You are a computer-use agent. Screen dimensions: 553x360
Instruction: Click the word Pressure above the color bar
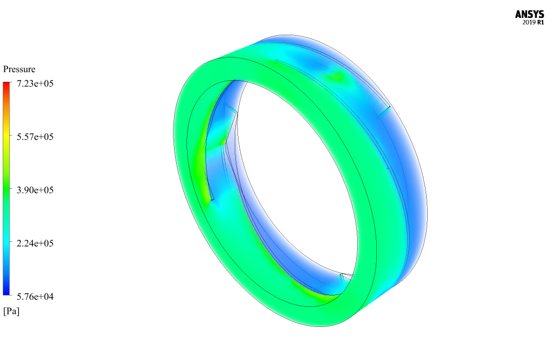(x=19, y=69)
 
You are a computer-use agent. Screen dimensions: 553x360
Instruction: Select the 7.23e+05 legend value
(x=35, y=83)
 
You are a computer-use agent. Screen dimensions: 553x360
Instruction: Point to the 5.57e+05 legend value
(x=35, y=137)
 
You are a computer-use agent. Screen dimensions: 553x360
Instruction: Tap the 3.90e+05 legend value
(x=35, y=190)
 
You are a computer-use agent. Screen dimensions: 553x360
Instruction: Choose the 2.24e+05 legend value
(x=35, y=243)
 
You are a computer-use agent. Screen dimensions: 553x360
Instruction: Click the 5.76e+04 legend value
(x=35, y=297)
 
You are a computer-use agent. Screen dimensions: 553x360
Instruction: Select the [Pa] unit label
(x=11, y=311)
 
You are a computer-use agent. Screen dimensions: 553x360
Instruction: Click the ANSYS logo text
(x=529, y=15)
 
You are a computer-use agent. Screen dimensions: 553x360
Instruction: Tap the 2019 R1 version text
(x=533, y=23)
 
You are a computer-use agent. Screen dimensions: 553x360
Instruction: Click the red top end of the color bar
(x=7, y=84)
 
